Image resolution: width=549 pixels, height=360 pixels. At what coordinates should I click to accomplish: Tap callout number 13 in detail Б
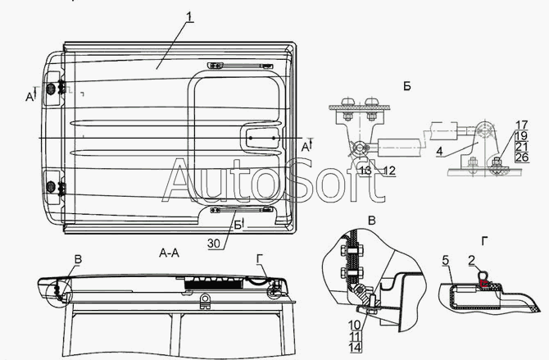[x=365, y=170]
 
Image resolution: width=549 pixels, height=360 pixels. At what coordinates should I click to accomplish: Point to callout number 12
[x=388, y=170]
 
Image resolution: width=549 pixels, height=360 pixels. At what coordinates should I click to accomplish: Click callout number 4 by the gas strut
[x=439, y=151]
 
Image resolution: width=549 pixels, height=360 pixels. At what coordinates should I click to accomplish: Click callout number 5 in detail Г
[x=444, y=260]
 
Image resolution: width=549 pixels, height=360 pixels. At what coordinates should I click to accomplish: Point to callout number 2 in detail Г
[x=473, y=260]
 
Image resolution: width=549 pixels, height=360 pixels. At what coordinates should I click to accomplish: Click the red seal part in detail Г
[x=486, y=284]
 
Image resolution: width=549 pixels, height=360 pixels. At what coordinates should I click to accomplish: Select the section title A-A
[x=170, y=254]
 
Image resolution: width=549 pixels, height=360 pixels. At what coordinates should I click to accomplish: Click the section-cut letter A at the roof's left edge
[x=29, y=96]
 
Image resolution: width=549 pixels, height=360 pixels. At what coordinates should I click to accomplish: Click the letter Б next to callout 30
[x=238, y=224]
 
